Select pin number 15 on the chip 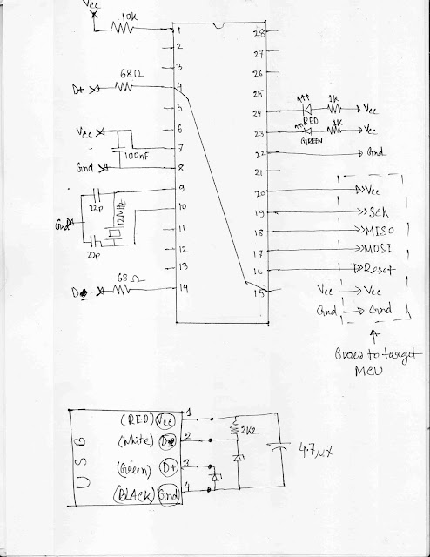coord(258,292)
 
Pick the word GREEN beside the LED coord(311,138)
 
